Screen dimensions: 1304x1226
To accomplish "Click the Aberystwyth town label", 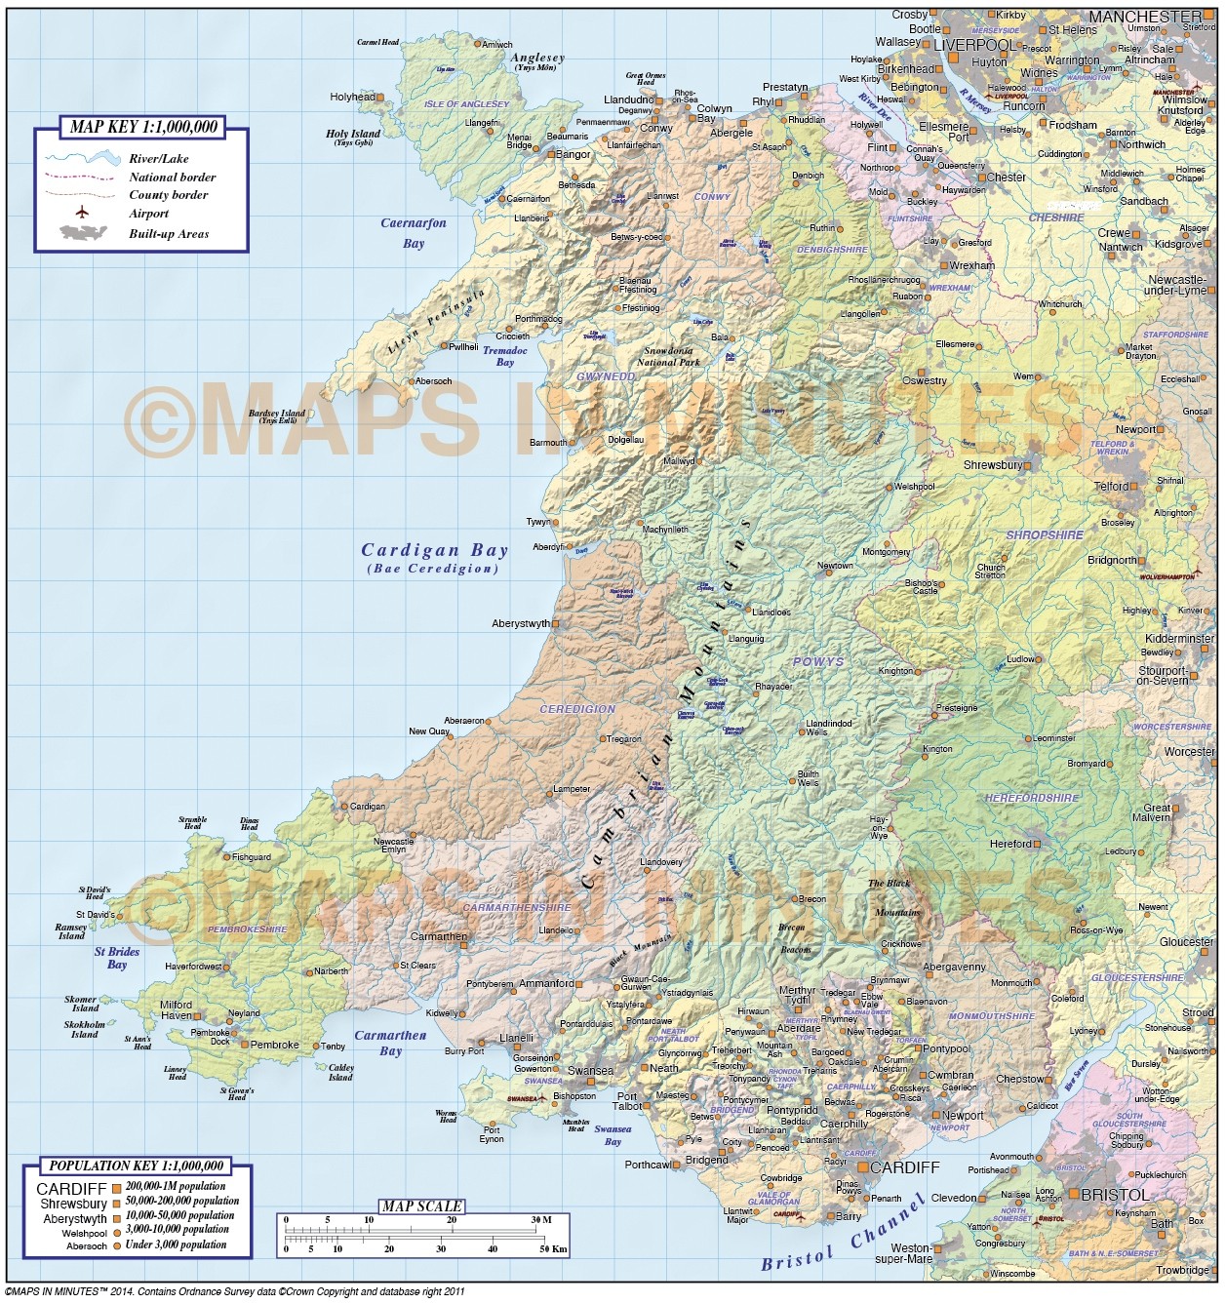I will [x=521, y=623].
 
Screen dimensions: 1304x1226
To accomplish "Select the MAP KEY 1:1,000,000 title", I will [x=143, y=127].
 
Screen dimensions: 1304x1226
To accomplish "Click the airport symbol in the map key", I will [x=82, y=214].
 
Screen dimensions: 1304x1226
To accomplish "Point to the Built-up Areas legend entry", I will [x=168, y=234].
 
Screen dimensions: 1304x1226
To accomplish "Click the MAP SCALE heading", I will [x=421, y=1206].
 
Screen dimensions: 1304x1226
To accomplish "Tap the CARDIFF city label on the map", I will [x=904, y=1167].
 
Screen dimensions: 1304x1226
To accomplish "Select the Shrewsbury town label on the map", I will [x=992, y=465].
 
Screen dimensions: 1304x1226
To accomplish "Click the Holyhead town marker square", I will [x=379, y=98].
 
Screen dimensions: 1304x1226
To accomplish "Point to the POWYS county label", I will [x=817, y=662].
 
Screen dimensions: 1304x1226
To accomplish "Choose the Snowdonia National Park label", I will [x=668, y=357].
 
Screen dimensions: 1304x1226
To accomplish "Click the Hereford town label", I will [x=1009, y=845].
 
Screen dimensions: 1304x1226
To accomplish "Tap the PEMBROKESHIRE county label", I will [x=247, y=929].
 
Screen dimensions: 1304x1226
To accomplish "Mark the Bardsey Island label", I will [x=276, y=415].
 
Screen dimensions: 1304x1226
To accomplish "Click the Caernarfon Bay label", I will [x=413, y=233].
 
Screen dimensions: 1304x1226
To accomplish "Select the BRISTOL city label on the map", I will [x=1114, y=1195].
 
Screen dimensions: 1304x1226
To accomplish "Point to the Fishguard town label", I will [x=252, y=857].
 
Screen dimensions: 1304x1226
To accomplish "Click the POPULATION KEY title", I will [x=137, y=1166].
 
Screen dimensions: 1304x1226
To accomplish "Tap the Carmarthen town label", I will [x=438, y=936].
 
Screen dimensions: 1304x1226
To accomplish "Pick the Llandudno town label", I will [x=628, y=99].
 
